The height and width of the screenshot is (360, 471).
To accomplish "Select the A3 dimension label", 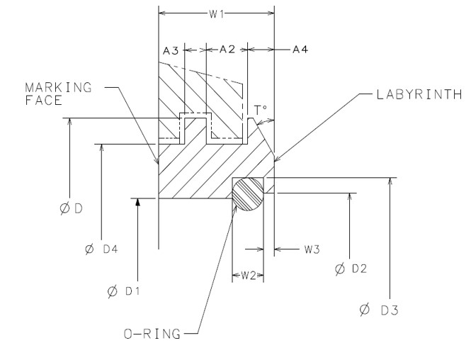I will [170, 50].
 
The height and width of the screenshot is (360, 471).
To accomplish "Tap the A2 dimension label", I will [227, 50].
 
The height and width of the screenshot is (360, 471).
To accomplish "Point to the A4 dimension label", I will [300, 50].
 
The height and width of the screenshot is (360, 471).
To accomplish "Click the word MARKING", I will [59, 87].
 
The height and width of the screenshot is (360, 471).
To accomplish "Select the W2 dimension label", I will [248, 275].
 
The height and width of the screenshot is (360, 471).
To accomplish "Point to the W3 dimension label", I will [314, 249].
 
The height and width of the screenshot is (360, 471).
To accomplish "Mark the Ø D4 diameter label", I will [102, 249].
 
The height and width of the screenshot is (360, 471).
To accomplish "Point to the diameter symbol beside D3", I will [364, 309].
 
